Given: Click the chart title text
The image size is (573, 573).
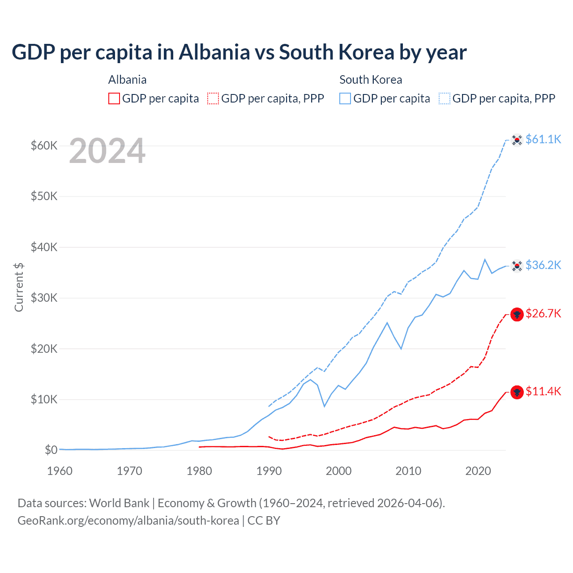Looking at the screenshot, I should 239,52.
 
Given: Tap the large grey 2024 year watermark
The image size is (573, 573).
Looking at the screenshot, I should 107,151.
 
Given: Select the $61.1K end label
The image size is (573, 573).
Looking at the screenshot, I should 543,139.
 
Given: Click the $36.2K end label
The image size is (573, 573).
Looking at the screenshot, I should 543,265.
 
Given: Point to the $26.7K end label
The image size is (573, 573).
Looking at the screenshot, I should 543,313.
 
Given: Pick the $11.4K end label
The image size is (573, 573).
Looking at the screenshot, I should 543,391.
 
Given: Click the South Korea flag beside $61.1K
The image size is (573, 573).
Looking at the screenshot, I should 517,140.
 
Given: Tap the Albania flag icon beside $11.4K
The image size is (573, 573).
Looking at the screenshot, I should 517,393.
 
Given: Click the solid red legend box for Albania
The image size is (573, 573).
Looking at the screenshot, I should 114,98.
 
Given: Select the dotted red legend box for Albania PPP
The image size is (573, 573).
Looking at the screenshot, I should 213,98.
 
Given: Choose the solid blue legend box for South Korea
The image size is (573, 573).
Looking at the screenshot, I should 345,98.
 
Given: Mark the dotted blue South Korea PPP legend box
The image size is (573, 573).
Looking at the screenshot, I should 445,98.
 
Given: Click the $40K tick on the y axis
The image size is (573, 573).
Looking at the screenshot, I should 44,247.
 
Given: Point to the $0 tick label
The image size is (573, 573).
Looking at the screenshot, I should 51,450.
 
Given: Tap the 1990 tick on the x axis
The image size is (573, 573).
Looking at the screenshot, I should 269,471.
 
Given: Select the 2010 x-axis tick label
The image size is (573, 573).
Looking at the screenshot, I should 408,471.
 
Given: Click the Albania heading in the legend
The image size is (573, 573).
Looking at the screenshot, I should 127,80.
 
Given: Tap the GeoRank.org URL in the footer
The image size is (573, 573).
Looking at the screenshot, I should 128,521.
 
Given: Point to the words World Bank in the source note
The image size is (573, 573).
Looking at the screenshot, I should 119,503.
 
